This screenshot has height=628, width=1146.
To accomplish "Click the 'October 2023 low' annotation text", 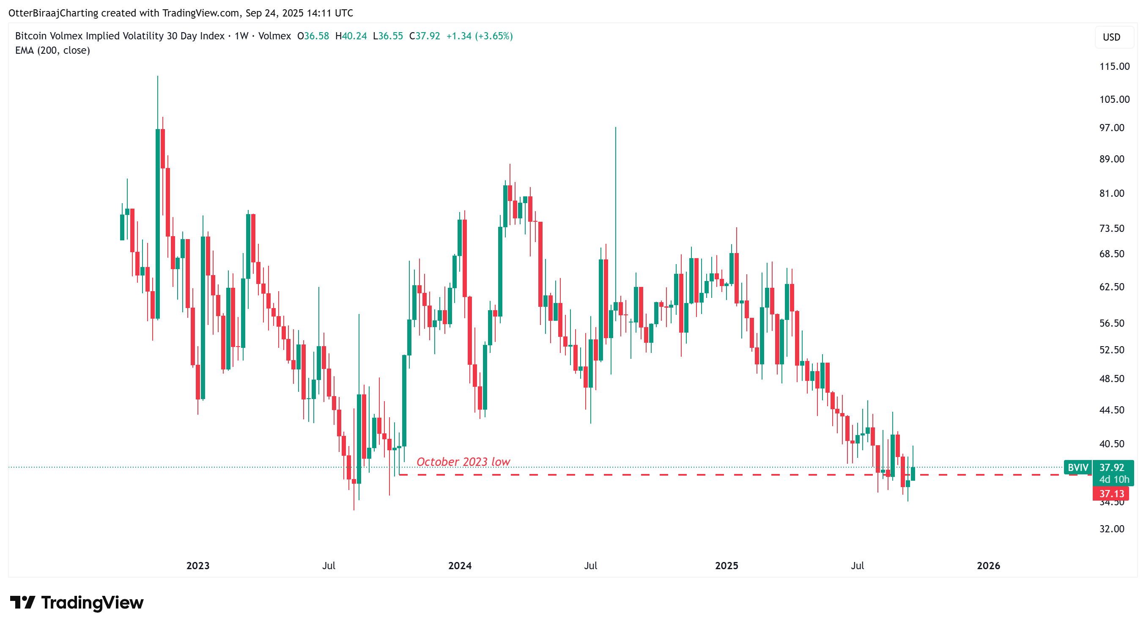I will (463, 462).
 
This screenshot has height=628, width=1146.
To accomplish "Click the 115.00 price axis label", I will (1114, 67).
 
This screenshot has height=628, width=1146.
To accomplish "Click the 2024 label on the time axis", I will (460, 566).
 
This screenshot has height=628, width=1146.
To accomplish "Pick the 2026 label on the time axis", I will (988, 566).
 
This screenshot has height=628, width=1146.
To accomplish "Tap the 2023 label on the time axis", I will (197, 566).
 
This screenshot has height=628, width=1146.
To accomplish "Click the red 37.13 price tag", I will (1111, 493).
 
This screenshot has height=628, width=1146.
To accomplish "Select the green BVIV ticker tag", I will (1077, 468).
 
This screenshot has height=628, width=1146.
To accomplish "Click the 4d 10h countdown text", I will (1113, 479).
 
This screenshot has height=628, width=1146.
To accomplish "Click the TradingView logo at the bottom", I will (77, 603).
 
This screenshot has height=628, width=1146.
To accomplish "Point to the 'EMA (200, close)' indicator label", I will (52, 51).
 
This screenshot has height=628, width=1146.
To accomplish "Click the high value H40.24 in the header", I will (351, 36).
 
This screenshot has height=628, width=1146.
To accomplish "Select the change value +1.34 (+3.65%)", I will (479, 36).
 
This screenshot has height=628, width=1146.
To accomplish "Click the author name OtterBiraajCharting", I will (53, 13).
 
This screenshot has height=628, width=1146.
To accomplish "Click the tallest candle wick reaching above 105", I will (157, 102).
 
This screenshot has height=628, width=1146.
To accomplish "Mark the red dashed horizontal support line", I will (667, 475).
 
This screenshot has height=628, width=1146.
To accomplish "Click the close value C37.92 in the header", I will (424, 36).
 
